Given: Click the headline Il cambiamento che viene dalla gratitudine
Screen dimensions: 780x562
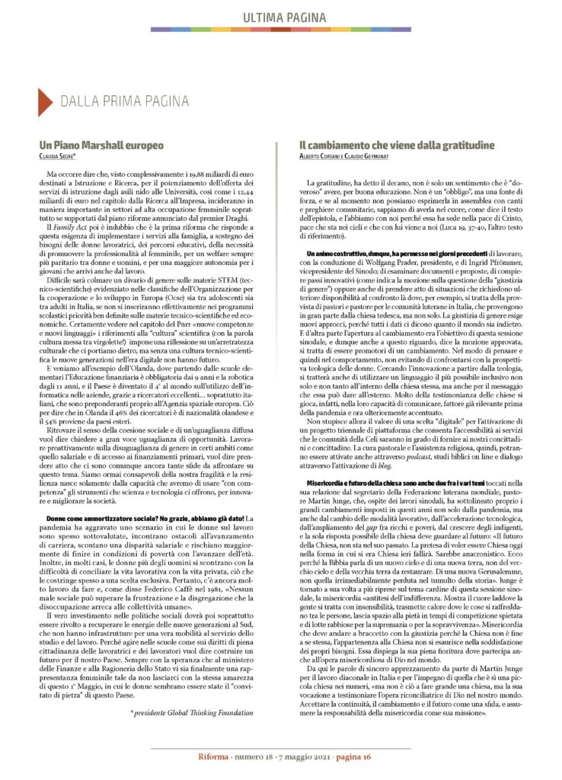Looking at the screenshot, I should point(397,145).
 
